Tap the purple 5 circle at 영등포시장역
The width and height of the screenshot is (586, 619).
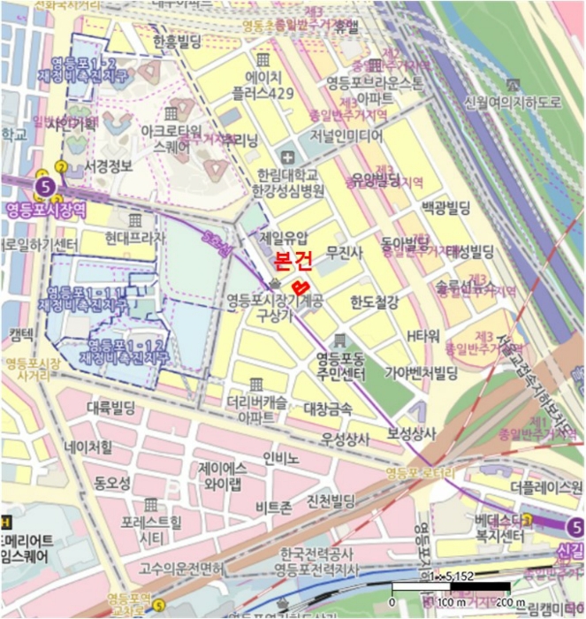tap(46, 187)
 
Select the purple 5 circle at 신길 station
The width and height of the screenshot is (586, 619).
tap(575, 529)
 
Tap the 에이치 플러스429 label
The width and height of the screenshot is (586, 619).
tap(262, 86)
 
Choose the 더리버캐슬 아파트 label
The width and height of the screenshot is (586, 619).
tap(255, 407)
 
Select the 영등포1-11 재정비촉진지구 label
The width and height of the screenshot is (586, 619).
tap(86, 298)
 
